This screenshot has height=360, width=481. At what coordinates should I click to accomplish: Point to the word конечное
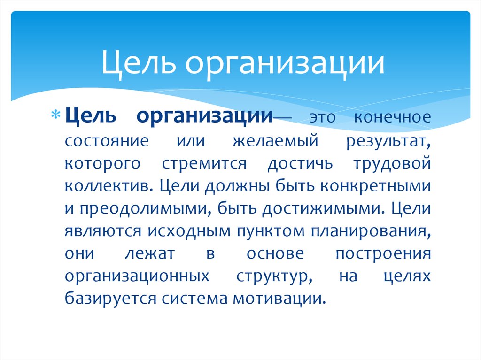pos(392,117)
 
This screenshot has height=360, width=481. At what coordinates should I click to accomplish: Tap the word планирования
pos(368,231)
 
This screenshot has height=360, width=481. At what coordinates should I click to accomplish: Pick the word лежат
pos(150,253)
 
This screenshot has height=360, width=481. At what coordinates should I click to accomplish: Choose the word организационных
pos(137,276)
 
